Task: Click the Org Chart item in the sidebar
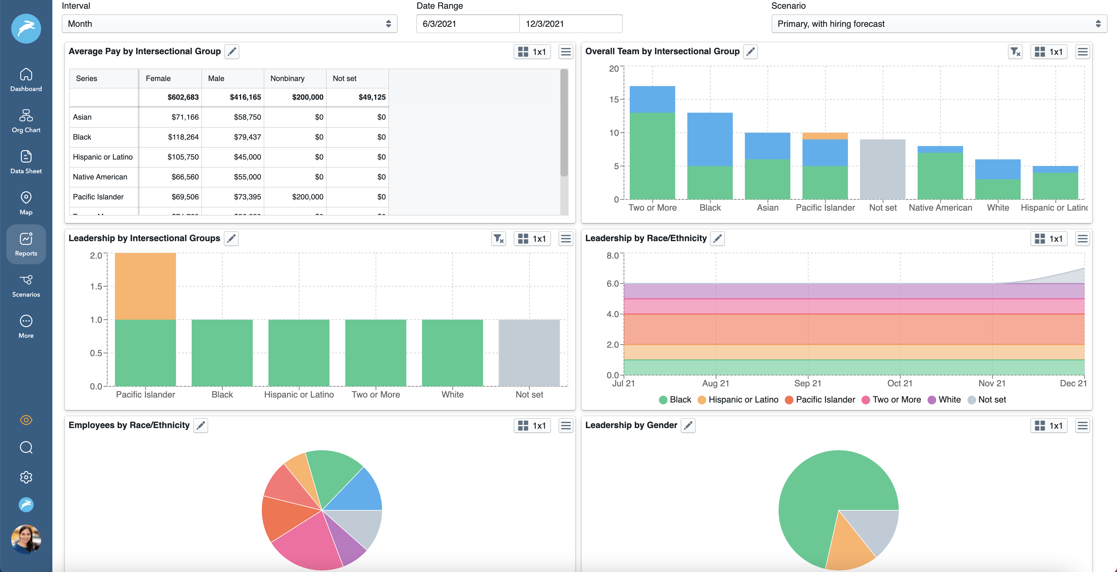[26, 121]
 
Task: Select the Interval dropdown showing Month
[229, 24]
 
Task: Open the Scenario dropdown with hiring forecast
[938, 24]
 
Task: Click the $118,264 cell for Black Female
[183, 137]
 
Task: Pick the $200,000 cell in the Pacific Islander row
[307, 197]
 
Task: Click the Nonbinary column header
[287, 79]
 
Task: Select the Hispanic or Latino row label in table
[103, 157]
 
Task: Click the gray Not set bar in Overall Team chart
[882, 169]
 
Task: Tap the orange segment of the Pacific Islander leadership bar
[145, 286]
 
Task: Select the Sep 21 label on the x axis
[808, 383]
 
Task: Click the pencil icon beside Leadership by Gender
[688, 426]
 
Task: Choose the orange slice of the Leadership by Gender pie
[848, 548]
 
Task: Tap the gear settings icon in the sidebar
[26, 477]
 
